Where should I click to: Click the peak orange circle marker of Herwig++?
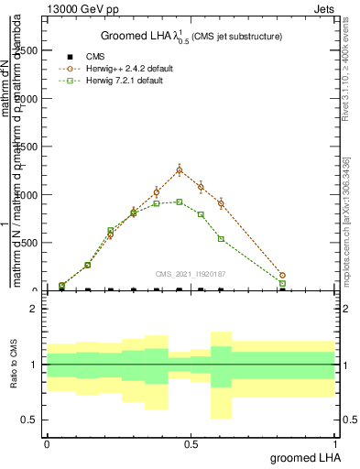pyautogui.click(x=180, y=169)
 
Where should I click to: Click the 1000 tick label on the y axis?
pyautogui.click(x=31, y=195)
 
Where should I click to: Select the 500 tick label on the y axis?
pyautogui.click(x=34, y=243)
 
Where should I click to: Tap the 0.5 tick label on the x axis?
pyautogui.click(x=191, y=443)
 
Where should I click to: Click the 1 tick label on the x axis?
pyautogui.click(x=335, y=443)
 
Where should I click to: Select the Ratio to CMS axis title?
pyautogui.click(x=15, y=365)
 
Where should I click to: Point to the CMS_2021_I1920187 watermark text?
pyautogui.click(x=191, y=273)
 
